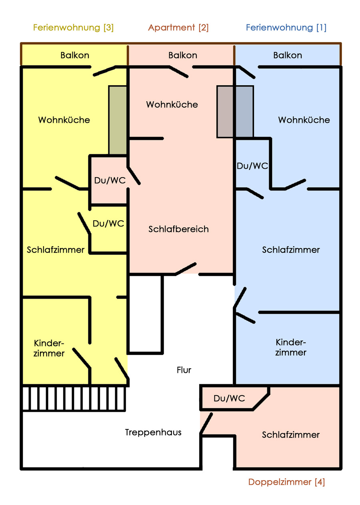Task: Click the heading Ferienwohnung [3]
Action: point(73,28)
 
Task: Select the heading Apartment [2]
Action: point(178,28)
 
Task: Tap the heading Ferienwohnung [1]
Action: point(286,28)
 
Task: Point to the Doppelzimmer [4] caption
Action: point(286,482)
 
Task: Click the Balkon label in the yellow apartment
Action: point(75,55)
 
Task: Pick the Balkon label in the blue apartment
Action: point(288,55)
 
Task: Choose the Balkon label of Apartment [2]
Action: point(183,55)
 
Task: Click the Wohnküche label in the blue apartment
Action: point(304,120)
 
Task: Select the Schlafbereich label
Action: point(179,229)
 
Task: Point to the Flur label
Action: point(184,370)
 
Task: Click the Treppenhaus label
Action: point(153,432)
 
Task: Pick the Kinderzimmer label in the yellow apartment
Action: point(49,348)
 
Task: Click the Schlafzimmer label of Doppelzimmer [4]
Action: point(291,435)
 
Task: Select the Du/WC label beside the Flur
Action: point(229,398)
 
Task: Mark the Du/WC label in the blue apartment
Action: point(252,166)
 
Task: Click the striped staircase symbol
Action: point(74,398)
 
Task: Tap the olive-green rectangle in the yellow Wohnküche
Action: point(118,120)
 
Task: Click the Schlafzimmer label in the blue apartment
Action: point(291,250)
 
